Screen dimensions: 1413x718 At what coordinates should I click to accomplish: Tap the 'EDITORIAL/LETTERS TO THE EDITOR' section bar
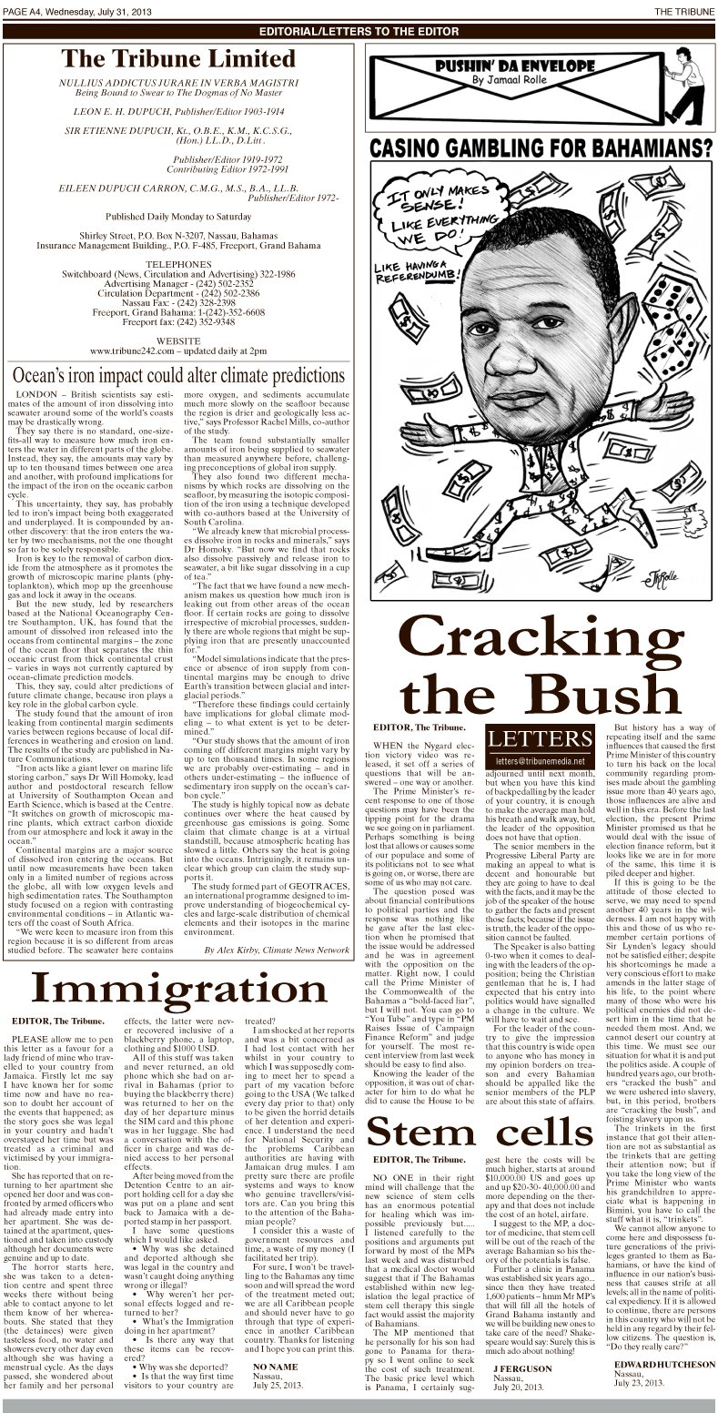pyautogui.click(x=359, y=30)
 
